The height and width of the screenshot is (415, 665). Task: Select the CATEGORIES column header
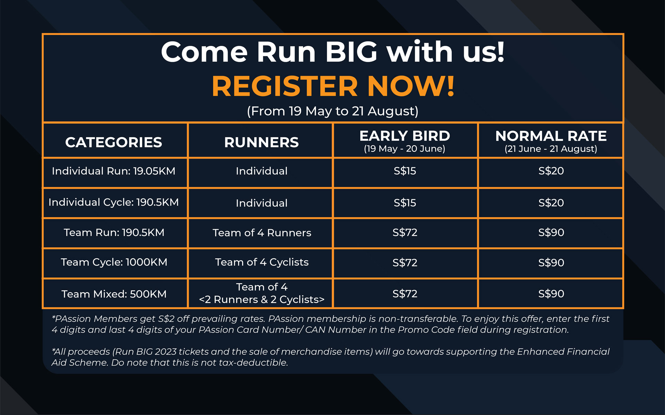tap(114, 142)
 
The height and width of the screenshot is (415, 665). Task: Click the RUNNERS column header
tap(261, 142)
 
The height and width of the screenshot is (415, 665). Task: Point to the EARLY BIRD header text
tap(405, 136)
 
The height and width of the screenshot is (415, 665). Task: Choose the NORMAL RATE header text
tap(551, 136)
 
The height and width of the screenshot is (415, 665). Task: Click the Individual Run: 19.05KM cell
tap(114, 171)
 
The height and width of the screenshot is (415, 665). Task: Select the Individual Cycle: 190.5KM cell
tap(114, 202)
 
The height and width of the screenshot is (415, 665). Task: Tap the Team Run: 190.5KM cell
tap(114, 232)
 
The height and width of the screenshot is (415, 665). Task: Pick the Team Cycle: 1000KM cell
tap(114, 262)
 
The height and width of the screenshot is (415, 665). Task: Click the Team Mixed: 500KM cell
tap(114, 294)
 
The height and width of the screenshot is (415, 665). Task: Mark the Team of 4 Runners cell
tap(262, 233)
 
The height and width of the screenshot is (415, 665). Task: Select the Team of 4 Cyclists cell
tap(262, 262)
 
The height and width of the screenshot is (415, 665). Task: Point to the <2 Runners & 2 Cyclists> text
tap(262, 299)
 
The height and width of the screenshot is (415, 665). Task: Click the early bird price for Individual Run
tap(405, 171)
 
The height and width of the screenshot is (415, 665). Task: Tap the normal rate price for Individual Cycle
tap(551, 203)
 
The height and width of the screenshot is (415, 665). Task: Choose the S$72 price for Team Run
tap(405, 232)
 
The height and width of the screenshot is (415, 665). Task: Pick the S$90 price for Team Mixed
tap(551, 294)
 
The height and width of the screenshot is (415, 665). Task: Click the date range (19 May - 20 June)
tap(405, 149)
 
